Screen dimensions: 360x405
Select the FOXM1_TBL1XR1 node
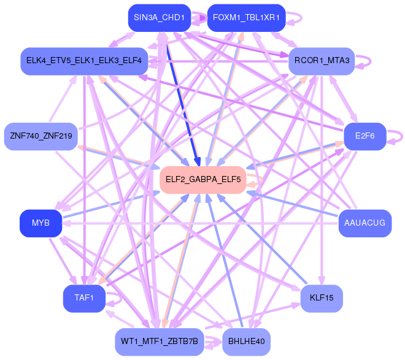pyautogui.click(x=246, y=18)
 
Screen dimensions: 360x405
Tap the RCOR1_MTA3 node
pyautogui.click(x=322, y=61)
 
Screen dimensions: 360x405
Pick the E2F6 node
pyautogui.click(x=364, y=136)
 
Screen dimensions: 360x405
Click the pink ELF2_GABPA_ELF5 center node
pyautogui.click(x=202, y=180)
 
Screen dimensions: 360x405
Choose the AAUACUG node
pyautogui.click(x=364, y=223)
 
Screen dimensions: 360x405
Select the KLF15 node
pyautogui.click(x=322, y=298)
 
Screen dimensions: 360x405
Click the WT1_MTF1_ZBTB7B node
pyautogui.click(x=159, y=342)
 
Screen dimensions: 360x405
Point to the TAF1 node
pyautogui.click(x=83, y=298)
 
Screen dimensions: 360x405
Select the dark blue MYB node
pyautogui.click(x=40, y=223)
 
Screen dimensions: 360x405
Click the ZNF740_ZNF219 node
pyautogui.click(x=40, y=136)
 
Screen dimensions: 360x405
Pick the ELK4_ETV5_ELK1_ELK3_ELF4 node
pyautogui.click(x=83, y=61)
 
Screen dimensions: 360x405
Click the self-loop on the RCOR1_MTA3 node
pyautogui.click(x=368, y=61)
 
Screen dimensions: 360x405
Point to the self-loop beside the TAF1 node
pyautogui.click(x=114, y=298)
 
